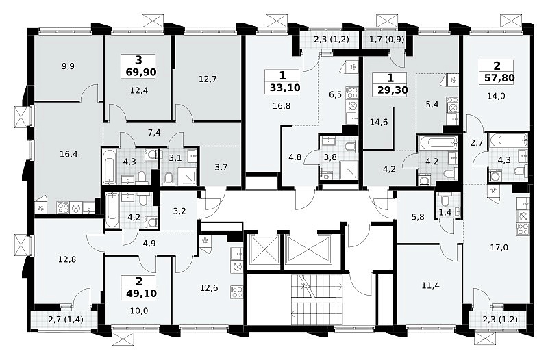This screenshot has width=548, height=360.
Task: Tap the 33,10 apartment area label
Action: click(285, 88)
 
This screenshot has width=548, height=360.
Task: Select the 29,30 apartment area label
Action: click(393, 90)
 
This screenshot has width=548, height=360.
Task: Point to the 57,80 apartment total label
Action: click(499, 77)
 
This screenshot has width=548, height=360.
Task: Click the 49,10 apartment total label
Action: click(141, 294)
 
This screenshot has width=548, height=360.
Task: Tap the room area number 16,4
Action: click(68, 154)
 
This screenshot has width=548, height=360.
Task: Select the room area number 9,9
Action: click(68, 66)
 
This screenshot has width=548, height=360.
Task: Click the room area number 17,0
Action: click(499, 248)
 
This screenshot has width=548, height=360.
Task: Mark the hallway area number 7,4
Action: click(154, 133)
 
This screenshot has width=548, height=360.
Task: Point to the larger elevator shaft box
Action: click(308, 248)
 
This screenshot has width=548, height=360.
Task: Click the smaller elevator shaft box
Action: click(262, 248)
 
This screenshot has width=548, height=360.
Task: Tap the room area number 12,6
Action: click(209, 287)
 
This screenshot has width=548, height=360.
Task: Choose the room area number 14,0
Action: click(496, 95)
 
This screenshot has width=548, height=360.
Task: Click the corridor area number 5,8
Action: click(418, 216)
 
